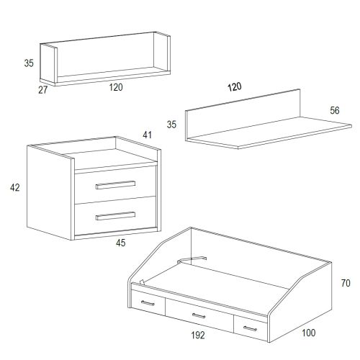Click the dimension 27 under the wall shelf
43,90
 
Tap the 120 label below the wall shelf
116,87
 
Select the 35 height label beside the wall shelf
29,63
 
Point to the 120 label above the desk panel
235,87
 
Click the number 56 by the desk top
335,110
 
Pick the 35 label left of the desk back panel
171,125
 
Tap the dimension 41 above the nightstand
147,135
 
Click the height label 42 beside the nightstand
15,187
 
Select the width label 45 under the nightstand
121,243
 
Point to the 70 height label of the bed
346,283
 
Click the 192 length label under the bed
198,336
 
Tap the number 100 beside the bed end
309,333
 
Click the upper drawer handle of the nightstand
115,185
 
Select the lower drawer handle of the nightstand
115,216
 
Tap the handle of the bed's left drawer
148,303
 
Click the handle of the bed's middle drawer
199,315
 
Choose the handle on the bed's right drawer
250,328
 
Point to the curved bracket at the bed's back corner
192,259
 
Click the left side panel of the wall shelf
48,64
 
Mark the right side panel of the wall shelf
162,52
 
